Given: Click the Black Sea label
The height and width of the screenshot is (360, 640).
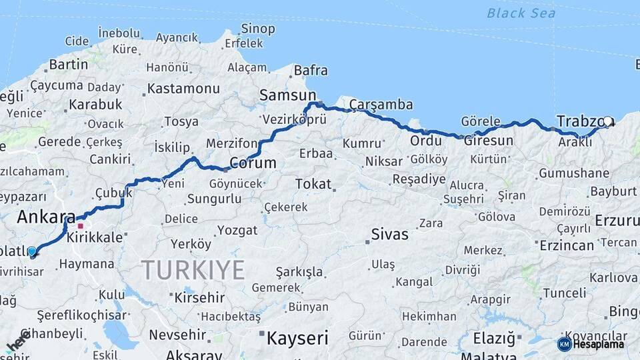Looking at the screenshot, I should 521,13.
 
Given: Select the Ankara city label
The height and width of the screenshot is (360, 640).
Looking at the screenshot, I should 46,217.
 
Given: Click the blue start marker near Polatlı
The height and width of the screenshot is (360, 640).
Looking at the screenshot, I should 32,251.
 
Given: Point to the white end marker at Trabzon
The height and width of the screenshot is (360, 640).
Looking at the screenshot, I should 607,122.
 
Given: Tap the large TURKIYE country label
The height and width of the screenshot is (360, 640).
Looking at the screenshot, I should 193,270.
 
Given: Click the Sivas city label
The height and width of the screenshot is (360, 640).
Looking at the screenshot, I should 389,234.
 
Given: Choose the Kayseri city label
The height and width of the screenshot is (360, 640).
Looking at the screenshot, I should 297,338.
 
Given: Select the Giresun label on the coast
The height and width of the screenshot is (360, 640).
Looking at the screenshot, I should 488,141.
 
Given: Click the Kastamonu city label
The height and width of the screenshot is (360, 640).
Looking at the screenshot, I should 183,88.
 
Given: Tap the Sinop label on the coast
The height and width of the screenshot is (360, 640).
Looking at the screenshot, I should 257,29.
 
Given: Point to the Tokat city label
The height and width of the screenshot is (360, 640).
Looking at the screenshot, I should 313,183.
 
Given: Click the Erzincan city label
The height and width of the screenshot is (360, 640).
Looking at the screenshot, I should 566,245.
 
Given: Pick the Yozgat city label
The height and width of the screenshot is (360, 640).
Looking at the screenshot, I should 237,230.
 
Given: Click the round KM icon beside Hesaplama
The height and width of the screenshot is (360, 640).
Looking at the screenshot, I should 564,344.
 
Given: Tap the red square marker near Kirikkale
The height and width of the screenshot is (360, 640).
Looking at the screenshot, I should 81,226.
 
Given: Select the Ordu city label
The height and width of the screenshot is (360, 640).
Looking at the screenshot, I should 426,141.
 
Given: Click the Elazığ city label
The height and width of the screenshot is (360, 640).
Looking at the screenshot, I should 494,338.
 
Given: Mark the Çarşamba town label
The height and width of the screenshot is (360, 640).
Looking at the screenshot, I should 381,105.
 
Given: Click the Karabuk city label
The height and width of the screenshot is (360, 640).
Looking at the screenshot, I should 95,105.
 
